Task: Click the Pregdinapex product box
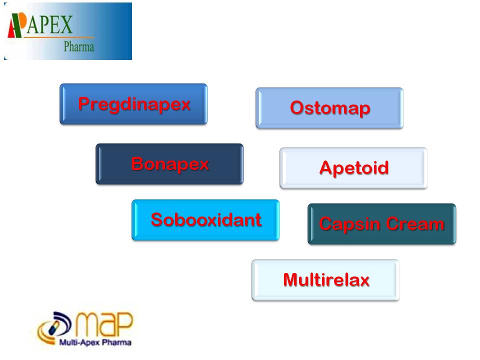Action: [133, 104]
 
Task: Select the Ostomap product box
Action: [329, 108]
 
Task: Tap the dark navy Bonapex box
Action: [169, 164]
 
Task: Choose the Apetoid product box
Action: [353, 168]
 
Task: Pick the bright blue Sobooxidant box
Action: [205, 220]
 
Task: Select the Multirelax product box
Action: [325, 280]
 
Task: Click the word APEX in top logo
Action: [49, 25]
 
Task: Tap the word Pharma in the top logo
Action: [78, 47]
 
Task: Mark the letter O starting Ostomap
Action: [297, 108]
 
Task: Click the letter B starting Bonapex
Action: [137, 164]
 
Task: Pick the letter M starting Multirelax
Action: [290, 280]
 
